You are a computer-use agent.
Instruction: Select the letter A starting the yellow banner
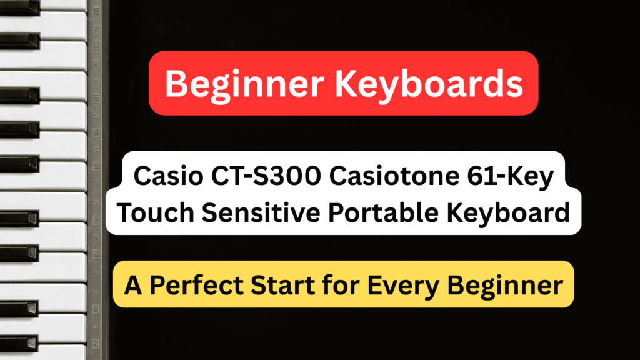[132, 285]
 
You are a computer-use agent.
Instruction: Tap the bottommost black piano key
[19, 343]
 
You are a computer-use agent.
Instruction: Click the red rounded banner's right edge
[536, 83]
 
